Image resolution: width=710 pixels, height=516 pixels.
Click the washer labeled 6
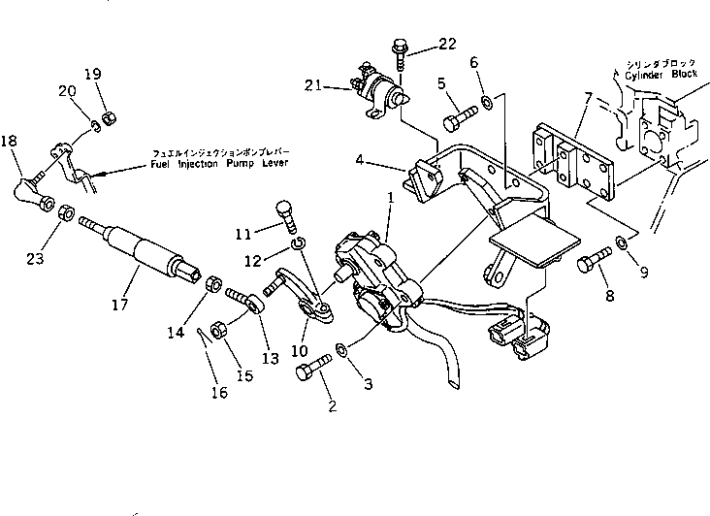[484, 101]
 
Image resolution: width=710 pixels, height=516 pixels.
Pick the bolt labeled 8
[591, 264]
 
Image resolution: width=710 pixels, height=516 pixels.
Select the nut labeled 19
[110, 115]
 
